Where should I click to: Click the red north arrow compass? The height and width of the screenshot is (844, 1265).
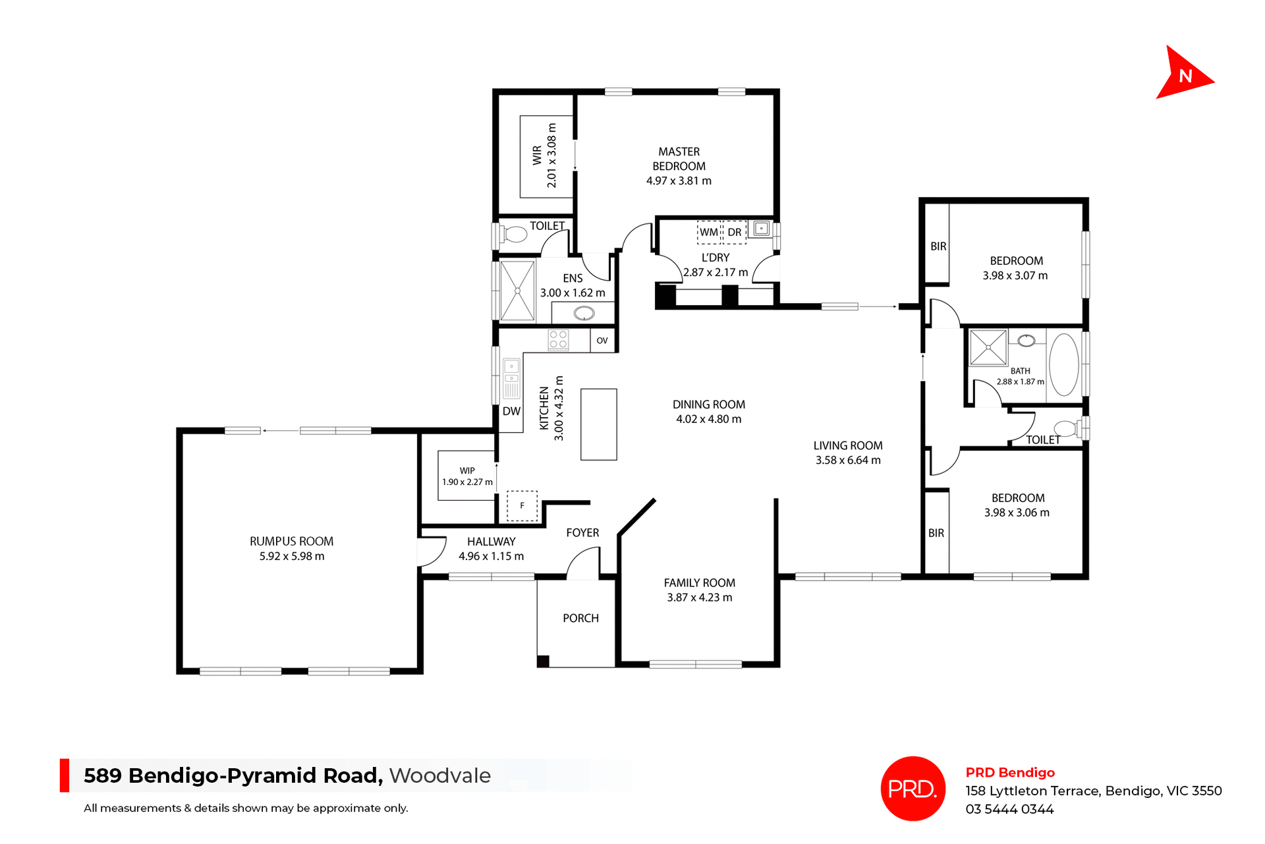(1183, 74)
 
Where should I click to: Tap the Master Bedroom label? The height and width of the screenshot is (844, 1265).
(679, 159)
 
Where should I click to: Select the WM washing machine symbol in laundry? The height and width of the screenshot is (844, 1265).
(709, 232)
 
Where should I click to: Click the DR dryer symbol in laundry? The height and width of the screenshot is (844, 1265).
(735, 232)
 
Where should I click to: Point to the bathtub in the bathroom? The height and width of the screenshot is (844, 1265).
(1063, 364)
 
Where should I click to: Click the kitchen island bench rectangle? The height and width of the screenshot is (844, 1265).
(598, 424)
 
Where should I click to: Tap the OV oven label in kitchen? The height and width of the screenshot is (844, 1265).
(602, 341)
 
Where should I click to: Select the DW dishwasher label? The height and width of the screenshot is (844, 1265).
(511, 411)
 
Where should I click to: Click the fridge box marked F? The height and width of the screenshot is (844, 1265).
(522, 506)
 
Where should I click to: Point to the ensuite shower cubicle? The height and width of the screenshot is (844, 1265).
(517, 291)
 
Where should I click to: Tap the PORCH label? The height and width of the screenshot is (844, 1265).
(580, 618)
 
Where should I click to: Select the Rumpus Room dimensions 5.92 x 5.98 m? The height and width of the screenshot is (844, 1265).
(292, 556)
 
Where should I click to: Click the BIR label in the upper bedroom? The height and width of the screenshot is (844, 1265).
(938, 246)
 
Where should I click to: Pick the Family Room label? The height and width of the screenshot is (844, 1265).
(699, 583)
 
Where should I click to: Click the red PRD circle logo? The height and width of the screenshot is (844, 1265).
(913, 789)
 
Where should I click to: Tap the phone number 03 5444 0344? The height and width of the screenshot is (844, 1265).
(1009, 809)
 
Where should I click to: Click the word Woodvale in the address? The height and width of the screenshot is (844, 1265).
(439, 775)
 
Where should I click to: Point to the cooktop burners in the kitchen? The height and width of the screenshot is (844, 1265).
(558, 339)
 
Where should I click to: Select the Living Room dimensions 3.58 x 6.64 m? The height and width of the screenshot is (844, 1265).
(848, 460)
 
